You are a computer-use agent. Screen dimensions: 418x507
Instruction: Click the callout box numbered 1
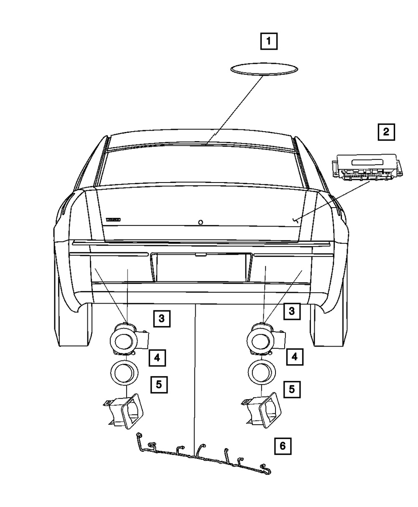(269, 41)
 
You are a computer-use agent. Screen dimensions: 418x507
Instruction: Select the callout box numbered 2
(386, 132)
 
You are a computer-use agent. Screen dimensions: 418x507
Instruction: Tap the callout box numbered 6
(283, 446)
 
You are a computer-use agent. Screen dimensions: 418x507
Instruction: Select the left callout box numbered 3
(161, 319)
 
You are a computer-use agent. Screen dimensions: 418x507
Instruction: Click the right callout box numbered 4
(295, 357)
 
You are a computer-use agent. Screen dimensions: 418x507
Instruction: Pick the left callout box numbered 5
(159, 384)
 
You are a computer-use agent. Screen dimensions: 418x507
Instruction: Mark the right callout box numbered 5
(292, 389)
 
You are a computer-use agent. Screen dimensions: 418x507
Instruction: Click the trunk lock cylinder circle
(201, 223)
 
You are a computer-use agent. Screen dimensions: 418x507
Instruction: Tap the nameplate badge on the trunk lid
(113, 219)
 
